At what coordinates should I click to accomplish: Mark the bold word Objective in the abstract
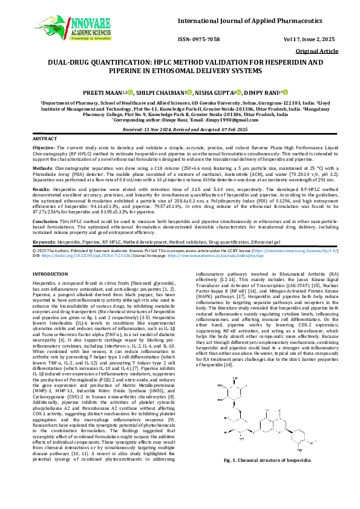[x=43, y=148]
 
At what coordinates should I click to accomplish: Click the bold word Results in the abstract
[x=41, y=189]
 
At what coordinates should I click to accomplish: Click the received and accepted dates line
[x=180, y=130]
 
